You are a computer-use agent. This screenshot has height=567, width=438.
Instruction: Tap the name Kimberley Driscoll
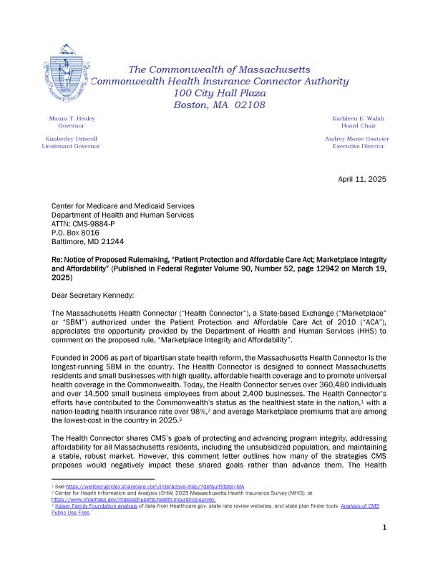tap(71, 138)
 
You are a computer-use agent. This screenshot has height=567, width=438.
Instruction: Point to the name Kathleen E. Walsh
tap(358, 118)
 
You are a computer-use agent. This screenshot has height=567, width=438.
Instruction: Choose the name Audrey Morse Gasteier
tap(358, 138)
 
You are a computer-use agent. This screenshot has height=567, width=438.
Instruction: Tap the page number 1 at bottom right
tap(384, 548)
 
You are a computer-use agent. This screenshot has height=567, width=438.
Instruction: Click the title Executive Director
tap(358, 146)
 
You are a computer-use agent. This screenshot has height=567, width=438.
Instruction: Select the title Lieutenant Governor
tap(71, 146)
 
